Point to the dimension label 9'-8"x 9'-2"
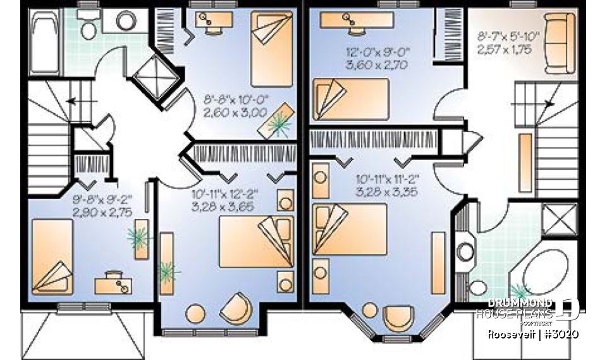coord(102,200)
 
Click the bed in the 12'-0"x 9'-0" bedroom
coord(349,98)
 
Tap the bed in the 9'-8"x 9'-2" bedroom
coord(52,256)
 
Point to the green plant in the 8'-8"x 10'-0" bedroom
coord(276,123)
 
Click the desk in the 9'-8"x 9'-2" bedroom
coord(113,283)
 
